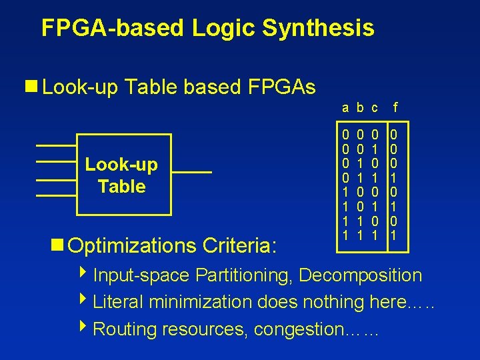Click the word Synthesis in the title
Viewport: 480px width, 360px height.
coord(318,28)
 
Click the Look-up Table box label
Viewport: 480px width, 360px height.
coord(121,176)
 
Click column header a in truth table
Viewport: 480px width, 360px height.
coord(345,107)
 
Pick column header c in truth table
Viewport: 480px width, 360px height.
coord(375,107)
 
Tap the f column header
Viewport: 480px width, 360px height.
coord(396,107)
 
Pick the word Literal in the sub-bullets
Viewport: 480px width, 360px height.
coord(117,302)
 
